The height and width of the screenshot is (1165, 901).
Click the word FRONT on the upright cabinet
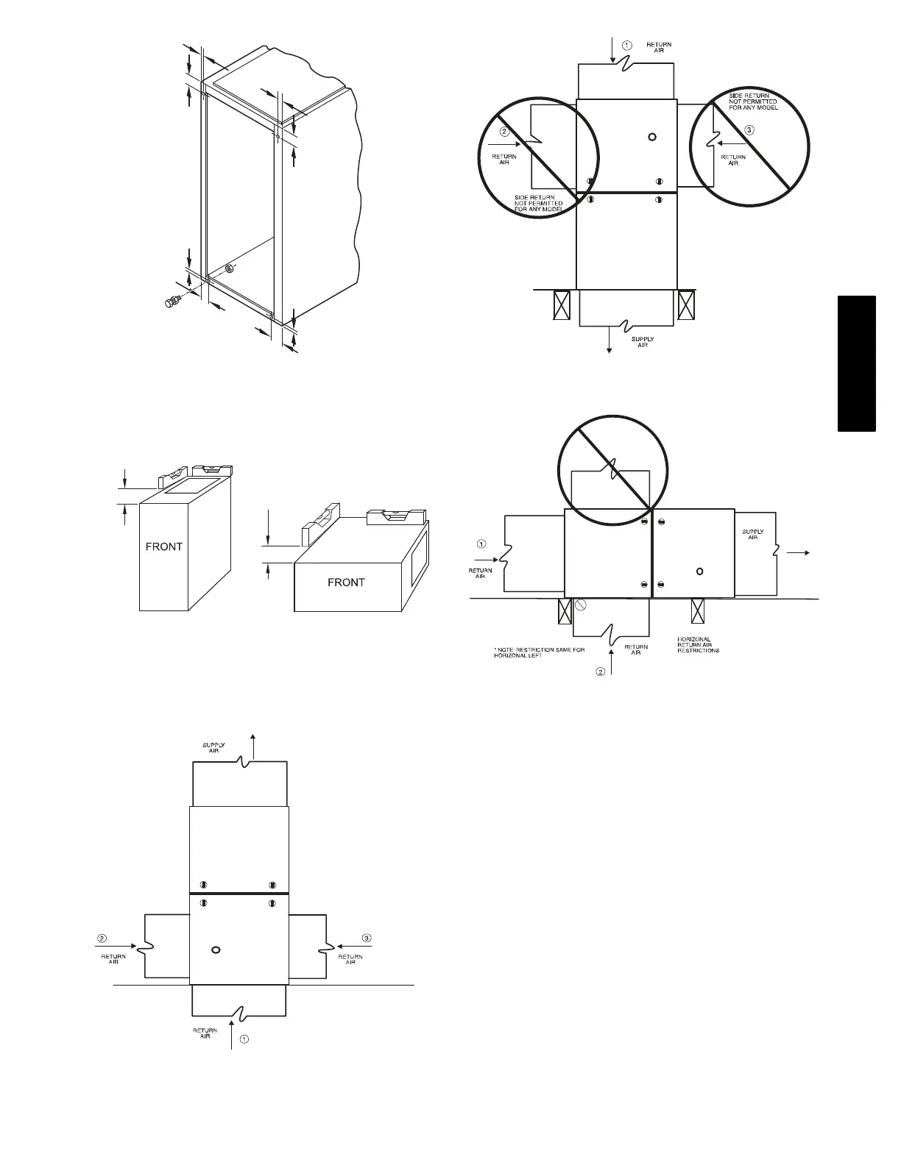tap(163, 546)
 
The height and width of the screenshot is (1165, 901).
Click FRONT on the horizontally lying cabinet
tap(346, 582)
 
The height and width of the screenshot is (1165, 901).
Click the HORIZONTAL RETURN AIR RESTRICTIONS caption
tap(698, 645)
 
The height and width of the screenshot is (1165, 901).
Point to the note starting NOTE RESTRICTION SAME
tap(540, 652)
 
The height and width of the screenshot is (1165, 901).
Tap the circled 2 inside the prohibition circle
tap(504, 132)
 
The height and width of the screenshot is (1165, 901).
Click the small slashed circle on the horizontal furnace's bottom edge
tap(580, 605)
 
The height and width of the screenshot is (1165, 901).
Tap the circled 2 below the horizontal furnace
tap(600, 671)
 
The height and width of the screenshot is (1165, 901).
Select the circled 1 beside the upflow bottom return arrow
tap(245, 1040)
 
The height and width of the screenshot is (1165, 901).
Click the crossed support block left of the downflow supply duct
tap(562, 304)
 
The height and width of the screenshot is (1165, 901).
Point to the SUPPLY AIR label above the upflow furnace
tap(213, 747)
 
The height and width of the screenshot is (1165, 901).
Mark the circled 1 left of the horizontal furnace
tap(481, 544)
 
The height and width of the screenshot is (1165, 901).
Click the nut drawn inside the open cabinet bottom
tap(228, 268)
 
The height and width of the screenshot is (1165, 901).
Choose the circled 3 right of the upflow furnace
tap(367, 937)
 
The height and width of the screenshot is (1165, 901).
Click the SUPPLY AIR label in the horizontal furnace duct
tap(752, 535)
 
